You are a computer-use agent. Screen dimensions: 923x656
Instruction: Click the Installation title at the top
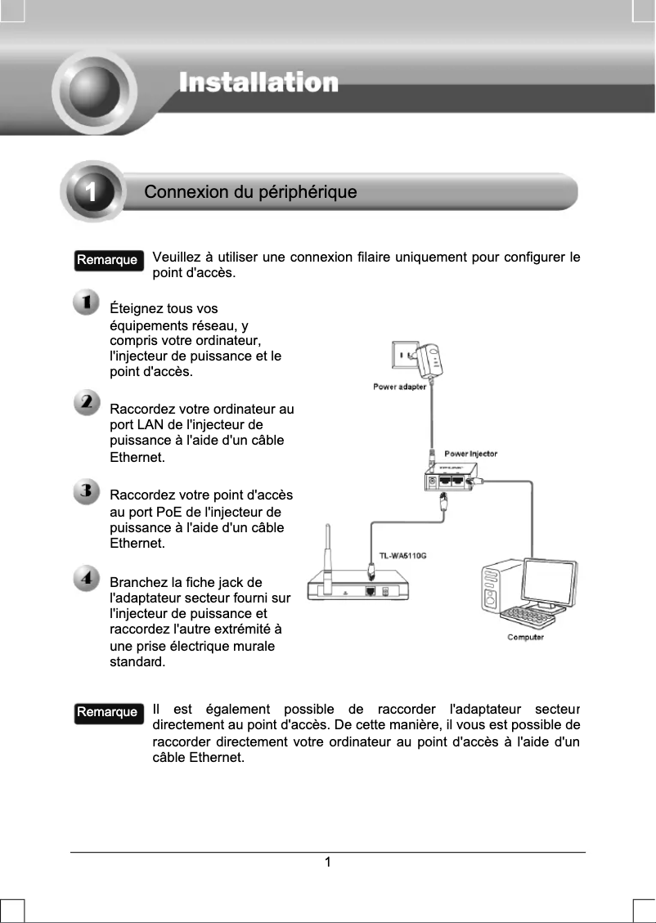coord(258,83)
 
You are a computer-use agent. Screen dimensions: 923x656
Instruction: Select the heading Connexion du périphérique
coord(250,193)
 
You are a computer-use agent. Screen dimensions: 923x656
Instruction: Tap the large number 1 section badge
coord(92,193)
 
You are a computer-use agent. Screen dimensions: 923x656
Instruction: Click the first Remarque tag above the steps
coord(106,260)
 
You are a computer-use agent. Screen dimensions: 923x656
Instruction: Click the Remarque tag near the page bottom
coord(106,712)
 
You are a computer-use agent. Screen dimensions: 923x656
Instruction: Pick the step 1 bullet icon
coord(86,302)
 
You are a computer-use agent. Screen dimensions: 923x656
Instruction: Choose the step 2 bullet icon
coord(86,403)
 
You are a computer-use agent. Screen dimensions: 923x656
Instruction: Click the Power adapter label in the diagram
coord(399,387)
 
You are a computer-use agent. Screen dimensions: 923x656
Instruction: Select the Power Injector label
coord(470,454)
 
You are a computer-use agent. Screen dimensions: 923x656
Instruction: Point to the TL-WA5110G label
coord(402,556)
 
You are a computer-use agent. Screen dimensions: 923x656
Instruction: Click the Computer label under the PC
coord(525,637)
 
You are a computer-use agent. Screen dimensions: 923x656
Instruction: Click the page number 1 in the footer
coord(327,862)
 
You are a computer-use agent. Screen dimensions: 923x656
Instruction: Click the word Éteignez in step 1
coord(136,309)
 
